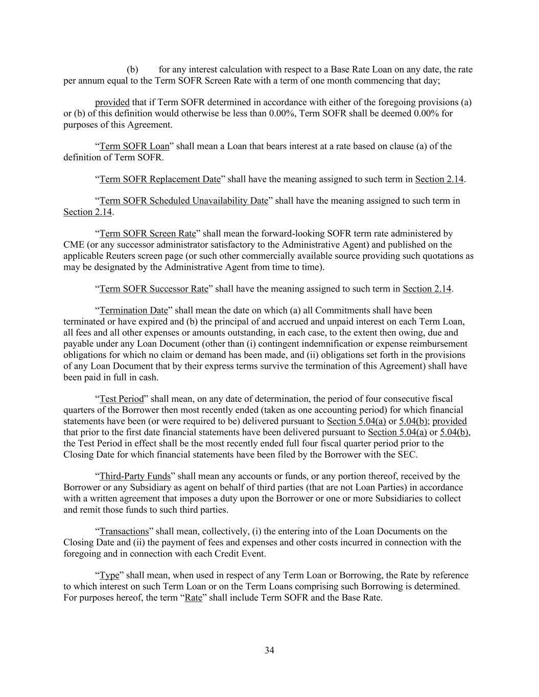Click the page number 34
tap(269, 650)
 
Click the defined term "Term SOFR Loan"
tap(134, 147)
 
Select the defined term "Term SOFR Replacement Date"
tap(160, 179)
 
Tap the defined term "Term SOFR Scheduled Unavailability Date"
tap(183, 201)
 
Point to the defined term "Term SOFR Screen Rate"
tap(148, 234)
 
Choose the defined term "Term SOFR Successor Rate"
tap(154, 289)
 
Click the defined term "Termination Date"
tap(133, 310)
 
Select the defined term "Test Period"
tap(122, 399)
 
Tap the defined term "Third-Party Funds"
tap(135, 477)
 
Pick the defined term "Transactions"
tap(124, 532)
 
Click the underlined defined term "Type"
tap(109, 575)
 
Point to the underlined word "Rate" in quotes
tap(193, 597)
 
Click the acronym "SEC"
tap(408, 454)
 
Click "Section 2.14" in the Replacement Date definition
tap(439, 179)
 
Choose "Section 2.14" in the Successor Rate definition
tap(427, 289)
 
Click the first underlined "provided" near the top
tap(112, 103)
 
